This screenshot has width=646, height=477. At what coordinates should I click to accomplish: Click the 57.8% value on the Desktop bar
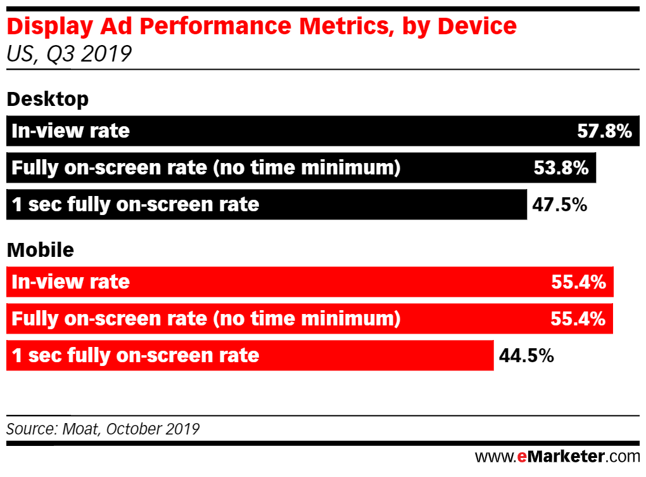click(604, 131)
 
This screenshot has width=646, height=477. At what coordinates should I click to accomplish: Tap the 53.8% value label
click(562, 168)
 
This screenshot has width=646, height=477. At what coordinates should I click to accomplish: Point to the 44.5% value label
click(527, 356)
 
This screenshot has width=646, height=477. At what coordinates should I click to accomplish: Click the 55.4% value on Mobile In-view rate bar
click(578, 282)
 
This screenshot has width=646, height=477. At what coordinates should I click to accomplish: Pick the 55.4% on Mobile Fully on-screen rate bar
click(578, 319)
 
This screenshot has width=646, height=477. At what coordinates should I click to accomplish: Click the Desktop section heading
click(47, 100)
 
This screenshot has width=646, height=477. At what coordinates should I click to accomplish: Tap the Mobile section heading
click(40, 251)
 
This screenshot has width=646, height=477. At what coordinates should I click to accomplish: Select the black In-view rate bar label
click(70, 131)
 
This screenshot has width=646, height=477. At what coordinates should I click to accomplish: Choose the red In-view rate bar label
click(70, 282)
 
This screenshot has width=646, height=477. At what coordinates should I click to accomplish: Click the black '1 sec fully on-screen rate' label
click(136, 205)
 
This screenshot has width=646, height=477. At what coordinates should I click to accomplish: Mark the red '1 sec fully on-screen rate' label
click(136, 356)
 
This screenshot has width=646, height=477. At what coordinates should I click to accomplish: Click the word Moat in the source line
click(79, 429)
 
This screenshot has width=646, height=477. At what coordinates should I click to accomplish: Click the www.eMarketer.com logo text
click(557, 456)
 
